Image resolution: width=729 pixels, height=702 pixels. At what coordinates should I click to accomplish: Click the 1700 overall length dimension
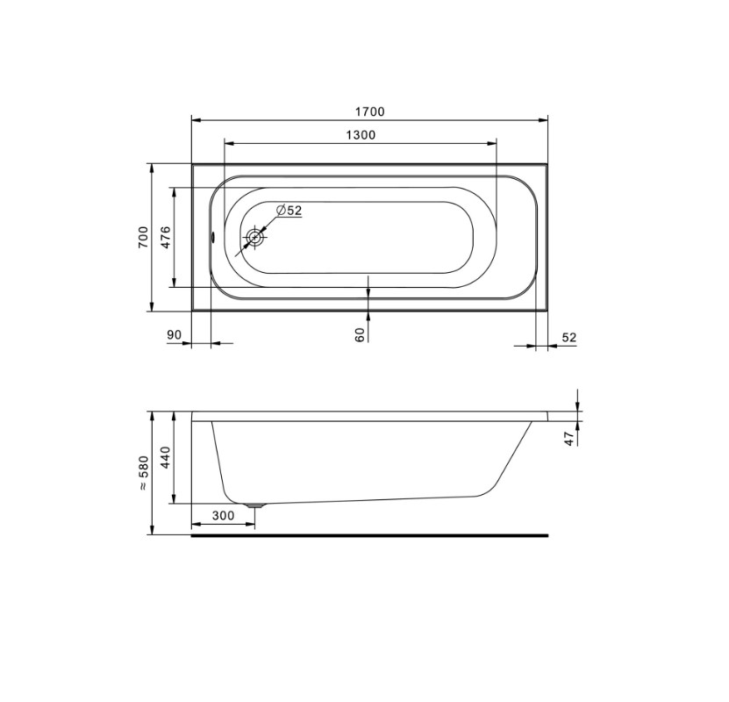[x=370, y=112]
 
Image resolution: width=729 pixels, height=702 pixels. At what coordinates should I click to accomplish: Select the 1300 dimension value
[x=361, y=135]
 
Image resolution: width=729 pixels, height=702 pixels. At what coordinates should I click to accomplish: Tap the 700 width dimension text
[x=143, y=237]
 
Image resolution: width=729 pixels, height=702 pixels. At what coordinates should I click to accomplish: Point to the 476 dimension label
[x=166, y=237]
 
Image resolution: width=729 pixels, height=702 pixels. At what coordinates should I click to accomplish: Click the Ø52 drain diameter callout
[x=289, y=211]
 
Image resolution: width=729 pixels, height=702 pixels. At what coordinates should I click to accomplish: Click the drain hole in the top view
[x=255, y=238]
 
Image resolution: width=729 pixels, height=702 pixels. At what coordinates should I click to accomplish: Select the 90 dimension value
[x=174, y=334]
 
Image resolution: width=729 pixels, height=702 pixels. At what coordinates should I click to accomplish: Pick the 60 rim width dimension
[x=360, y=334]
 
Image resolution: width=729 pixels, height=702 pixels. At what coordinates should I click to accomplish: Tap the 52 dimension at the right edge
[x=569, y=338]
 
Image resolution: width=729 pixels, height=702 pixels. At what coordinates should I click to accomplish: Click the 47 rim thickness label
[x=569, y=439]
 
